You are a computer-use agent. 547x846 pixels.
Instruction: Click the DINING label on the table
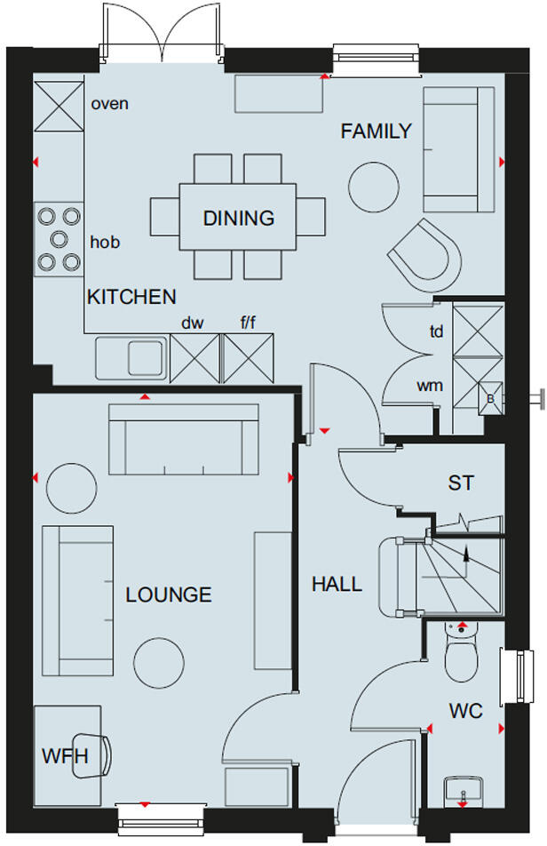click(x=238, y=219)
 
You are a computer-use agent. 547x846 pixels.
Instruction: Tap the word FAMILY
click(x=377, y=132)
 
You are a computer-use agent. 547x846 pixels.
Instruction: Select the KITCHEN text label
click(x=131, y=298)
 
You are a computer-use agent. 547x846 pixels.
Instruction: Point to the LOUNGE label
click(x=169, y=595)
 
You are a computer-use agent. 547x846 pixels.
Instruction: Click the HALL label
click(x=337, y=584)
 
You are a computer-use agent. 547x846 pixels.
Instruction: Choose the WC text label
click(x=465, y=712)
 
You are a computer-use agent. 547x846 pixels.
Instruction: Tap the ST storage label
click(x=461, y=483)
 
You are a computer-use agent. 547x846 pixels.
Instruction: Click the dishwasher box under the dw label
click(x=193, y=359)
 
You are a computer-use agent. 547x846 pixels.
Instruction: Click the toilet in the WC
click(x=460, y=658)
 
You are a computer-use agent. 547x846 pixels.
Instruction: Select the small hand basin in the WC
click(x=462, y=788)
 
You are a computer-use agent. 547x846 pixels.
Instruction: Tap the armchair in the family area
click(x=426, y=252)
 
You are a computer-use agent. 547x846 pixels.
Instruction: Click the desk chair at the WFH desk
click(x=95, y=755)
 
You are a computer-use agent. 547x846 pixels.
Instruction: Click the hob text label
click(x=105, y=242)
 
